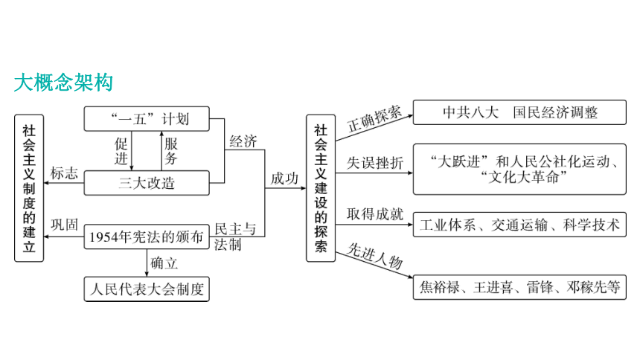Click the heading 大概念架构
[63, 83]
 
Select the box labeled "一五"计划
[147, 119]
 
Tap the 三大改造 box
[147, 183]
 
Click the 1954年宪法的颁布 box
[147, 237]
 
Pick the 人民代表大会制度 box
[147, 289]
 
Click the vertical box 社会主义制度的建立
[29, 188]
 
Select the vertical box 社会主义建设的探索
[321, 188]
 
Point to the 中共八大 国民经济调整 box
[519, 112]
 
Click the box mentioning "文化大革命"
[519, 169]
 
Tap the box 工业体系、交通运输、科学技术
[519, 225]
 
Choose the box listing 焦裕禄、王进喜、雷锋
[519, 287]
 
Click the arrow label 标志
[64, 173]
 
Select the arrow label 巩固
[64, 225]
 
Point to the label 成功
[284, 179]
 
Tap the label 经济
[243, 141]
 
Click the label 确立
[164, 263]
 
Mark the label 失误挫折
[375, 163]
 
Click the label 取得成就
[375, 214]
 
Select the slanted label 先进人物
[374, 256]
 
